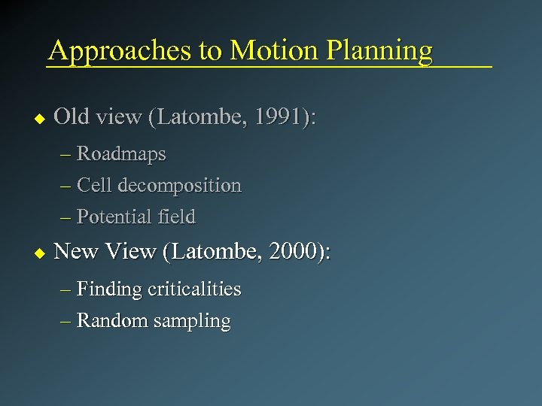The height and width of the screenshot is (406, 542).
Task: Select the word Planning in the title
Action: click(379, 51)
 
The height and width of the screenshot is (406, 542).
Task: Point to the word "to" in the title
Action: click(211, 51)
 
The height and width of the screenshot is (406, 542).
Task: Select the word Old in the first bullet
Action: click(72, 117)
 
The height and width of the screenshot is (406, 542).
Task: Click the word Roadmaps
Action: click(121, 153)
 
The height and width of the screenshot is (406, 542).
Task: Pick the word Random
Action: click(113, 320)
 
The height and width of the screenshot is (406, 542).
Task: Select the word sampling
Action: click(192, 321)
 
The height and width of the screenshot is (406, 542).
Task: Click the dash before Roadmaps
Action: click(65, 154)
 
